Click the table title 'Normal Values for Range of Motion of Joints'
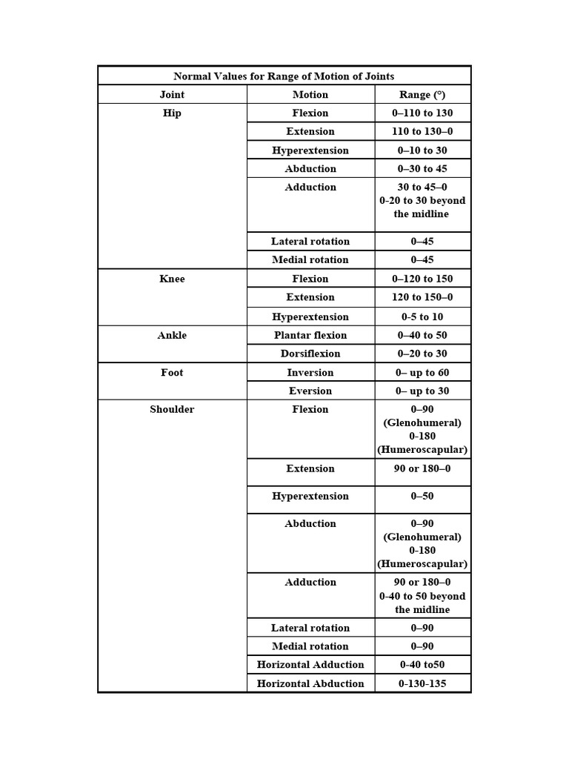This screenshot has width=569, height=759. click(284, 76)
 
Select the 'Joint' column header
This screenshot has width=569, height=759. click(172, 94)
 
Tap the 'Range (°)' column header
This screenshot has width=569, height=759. click(422, 94)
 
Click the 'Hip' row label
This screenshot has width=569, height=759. click(172, 113)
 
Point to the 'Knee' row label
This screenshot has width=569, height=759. click(172, 279)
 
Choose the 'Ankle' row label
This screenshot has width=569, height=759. click(172, 335)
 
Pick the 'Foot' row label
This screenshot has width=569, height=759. click(172, 372)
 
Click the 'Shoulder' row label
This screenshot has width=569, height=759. click(172, 409)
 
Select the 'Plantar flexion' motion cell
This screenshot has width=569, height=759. click(310, 335)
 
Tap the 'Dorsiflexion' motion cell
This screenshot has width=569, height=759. click(310, 354)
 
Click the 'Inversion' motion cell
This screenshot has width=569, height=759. click(310, 372)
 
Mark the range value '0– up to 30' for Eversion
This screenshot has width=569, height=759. click(422, 391)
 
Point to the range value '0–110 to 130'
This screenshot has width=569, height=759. click(422, 113)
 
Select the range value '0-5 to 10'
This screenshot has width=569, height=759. click(422, 316)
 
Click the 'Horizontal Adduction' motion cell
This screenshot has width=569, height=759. click(310, 664)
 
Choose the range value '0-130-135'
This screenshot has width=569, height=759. click(422, 683)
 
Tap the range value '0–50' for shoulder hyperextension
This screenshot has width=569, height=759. click(422, 496)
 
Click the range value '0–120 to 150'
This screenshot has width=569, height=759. click(422, 279)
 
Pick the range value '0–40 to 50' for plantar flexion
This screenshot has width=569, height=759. click(422, 335)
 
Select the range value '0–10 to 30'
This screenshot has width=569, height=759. click(422, 150)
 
